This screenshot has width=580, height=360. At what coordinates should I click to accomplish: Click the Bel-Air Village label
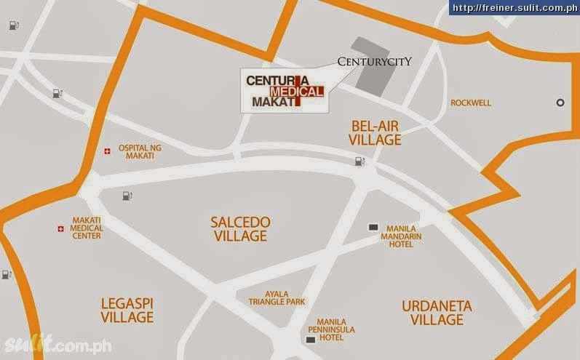pos(375,132)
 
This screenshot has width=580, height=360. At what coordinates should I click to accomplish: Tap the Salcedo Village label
pos(239,228)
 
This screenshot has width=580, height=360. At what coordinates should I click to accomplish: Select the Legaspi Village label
pos(127,310)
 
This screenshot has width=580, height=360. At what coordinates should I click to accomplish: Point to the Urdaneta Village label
pos(437,313)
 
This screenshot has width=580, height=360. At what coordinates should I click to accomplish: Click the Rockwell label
pos(471,103)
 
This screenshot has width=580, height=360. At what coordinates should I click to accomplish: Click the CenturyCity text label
pos(375,62)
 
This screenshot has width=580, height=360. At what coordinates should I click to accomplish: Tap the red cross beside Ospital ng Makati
pos(108,151)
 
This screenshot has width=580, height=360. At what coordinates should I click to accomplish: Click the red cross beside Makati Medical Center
pos(60,229)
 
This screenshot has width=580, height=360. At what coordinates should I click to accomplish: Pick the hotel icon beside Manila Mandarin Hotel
pos(373,228)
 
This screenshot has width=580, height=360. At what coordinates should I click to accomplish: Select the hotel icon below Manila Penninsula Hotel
pos(311,340)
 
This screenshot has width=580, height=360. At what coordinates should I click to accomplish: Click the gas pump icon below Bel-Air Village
pos(359,161)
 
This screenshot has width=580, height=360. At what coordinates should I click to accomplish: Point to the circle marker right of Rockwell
pos(560,103)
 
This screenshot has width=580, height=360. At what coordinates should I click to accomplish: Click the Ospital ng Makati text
pos(140,152)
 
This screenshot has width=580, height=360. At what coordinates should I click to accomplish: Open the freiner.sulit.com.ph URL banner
pos(512,8)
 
